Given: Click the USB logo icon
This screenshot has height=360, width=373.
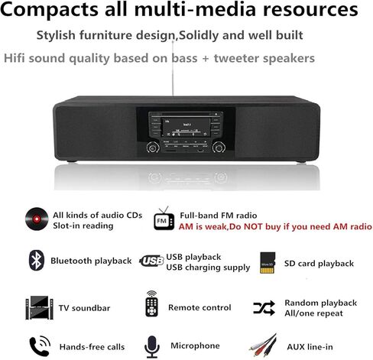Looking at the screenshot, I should click(x=152, y=261).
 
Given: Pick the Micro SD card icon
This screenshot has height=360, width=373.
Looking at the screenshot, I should click(x=268, y=262).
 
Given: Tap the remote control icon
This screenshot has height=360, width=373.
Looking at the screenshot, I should click(x=151, y=306).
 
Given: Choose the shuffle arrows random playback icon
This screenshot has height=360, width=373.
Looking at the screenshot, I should click(x=264, y=307).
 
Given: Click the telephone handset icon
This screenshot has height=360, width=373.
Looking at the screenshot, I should click(x=35, y=345).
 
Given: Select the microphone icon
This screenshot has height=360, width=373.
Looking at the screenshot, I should click(x=151, y=345).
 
